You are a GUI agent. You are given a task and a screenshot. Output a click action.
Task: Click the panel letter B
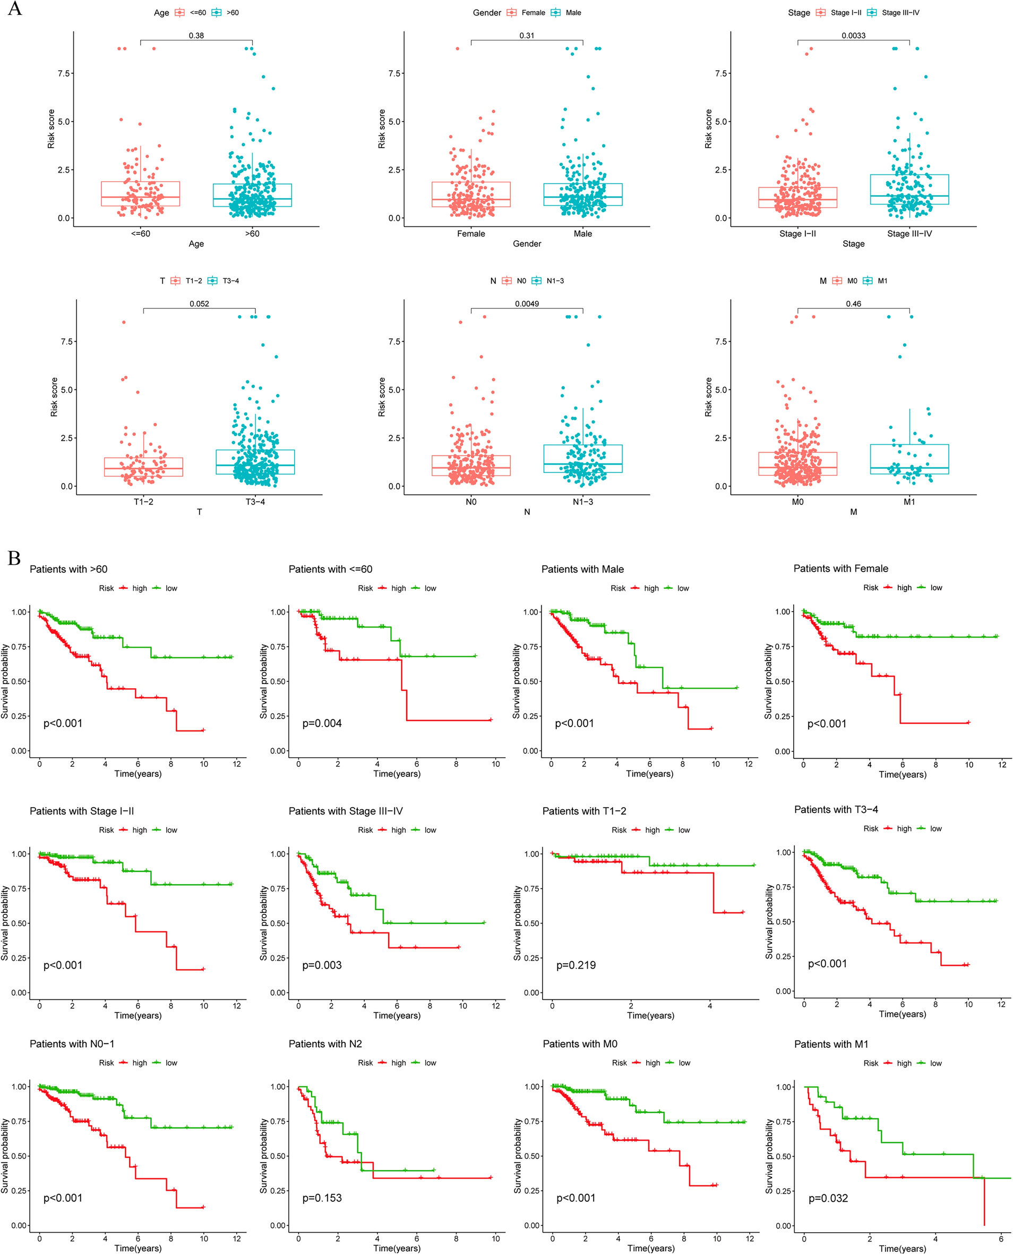(14, 558)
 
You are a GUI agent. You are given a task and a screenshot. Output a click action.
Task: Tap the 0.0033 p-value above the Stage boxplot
(853, 36)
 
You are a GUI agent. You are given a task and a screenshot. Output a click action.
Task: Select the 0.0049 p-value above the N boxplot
(526, 304)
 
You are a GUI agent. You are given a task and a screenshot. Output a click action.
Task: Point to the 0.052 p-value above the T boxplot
(199, 304)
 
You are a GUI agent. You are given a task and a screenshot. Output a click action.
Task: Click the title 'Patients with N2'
(325, 1044)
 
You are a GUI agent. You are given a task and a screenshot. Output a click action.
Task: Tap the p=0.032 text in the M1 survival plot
(828, 1198)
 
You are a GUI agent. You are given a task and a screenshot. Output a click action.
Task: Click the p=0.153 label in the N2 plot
(322, 1198)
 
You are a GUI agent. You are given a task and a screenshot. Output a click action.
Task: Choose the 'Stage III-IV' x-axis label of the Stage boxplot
(909, 234)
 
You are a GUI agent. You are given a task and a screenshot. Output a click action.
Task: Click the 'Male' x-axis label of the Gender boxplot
(582, 234)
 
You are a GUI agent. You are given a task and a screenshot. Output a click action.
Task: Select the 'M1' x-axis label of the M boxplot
(909, 502)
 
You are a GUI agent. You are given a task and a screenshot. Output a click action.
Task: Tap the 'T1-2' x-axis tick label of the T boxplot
(143, 502)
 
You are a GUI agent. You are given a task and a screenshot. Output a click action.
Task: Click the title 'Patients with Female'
(840, 568)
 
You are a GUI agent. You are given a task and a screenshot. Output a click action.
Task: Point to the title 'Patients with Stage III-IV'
(346, 811)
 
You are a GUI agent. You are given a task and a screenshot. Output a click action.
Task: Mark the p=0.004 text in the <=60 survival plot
(322, 723)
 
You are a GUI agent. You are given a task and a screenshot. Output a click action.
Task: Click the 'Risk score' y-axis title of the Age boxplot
(51, 129)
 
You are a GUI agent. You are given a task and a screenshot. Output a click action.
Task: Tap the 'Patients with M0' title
(579, 1044)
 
